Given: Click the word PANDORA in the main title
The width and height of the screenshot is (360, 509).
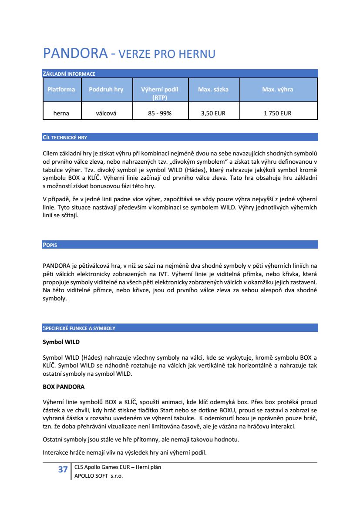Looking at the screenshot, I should tap(75, 54).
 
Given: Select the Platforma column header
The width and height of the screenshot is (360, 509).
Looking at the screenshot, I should tap(61, 89).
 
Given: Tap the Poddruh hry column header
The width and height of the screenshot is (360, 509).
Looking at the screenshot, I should tap(106, 89).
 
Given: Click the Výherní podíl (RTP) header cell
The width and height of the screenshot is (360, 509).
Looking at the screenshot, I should tap(160, 93).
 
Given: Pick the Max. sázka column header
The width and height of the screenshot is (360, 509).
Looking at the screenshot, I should tap(213, 89).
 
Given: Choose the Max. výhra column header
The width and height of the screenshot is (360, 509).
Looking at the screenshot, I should tap(277, 89).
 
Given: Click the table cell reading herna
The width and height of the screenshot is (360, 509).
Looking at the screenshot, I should tap(61, 113).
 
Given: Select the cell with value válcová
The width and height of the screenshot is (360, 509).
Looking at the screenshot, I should tap(106, 113).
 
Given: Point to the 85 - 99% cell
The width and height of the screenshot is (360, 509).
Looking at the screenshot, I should tap(160, 113).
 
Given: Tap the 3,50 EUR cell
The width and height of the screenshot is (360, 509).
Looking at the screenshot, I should tap(213, 113).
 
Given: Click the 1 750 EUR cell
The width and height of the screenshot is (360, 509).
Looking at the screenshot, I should tap(277, 113).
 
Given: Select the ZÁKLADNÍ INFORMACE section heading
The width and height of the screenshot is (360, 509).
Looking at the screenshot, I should tap(69, 74).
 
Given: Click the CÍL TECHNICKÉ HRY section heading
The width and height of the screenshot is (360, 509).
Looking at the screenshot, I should tap(65, 138).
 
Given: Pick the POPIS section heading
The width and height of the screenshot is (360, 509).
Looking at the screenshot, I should tap(50, 245).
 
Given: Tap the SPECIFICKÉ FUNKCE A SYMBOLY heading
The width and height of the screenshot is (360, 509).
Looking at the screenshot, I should tap(79, 328).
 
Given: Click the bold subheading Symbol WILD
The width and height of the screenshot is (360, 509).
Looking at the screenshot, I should tap(61, 342).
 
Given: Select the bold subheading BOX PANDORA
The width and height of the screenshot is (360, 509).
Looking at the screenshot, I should tap(64, 387).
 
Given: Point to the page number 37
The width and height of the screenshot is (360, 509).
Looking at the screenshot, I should tap(63, 469).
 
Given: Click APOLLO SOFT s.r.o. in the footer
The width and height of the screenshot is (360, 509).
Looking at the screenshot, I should tap(99, 476).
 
